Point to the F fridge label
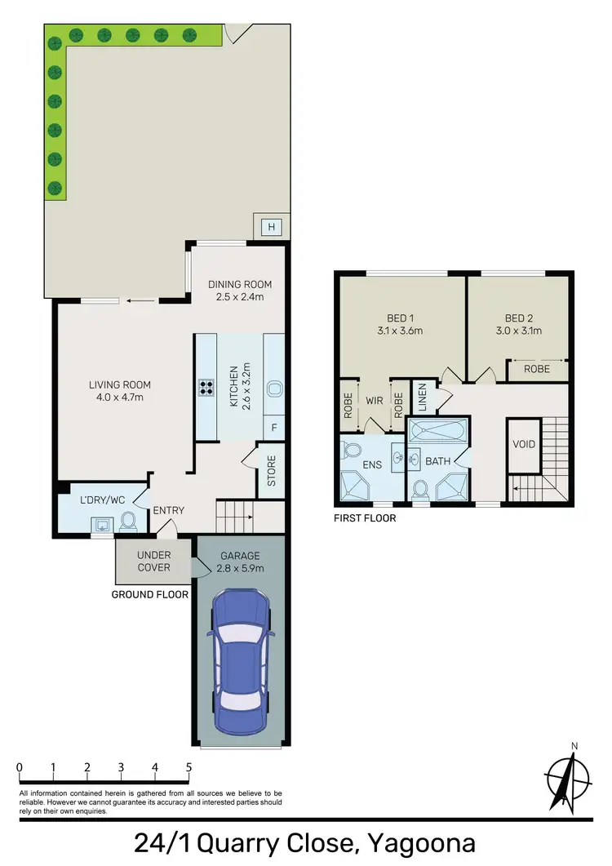pyautogui.click(x=273, y=428)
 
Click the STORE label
pyautogui.click(x=272, y=470)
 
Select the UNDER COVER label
pyautogui.click(x=153, y=561)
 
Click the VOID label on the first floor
pyautogui.click(x=523, y=445)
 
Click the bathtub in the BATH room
pyautogui.click(x=438, y=429)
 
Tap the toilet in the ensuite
pyautogui.click(x=353, y=451)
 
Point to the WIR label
pyautogui.click(x=375, y=401)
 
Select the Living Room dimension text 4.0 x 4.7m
pyautogui.click(x=121, y=397)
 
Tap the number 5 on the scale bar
pyautogui.click(x=189, y=767)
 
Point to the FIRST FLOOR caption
pyautogui.click(x=365, y=517)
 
